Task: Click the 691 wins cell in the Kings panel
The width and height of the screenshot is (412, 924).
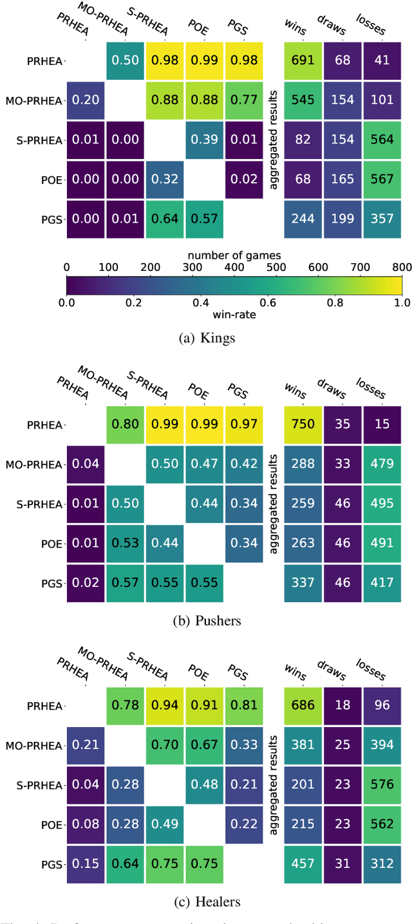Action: coord(303,60)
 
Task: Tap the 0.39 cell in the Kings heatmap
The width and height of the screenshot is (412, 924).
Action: coord(205,140)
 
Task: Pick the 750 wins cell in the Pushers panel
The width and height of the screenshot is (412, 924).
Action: coord(303,425)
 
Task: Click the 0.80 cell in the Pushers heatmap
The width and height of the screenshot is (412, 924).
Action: coord(126,425)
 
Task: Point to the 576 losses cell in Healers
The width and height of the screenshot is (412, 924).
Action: coord(382,785)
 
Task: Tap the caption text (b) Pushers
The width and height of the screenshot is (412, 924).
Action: coord(206,621)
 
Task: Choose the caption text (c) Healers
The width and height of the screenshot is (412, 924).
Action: coord(206,901)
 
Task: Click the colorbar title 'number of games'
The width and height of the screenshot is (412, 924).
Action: coord(234,255)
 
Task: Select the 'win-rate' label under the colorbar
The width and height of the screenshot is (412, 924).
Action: coord(234,313)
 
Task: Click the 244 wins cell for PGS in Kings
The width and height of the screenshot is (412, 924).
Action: coord(303,219)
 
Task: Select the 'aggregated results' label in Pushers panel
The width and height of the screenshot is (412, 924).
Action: coord(275,504)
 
